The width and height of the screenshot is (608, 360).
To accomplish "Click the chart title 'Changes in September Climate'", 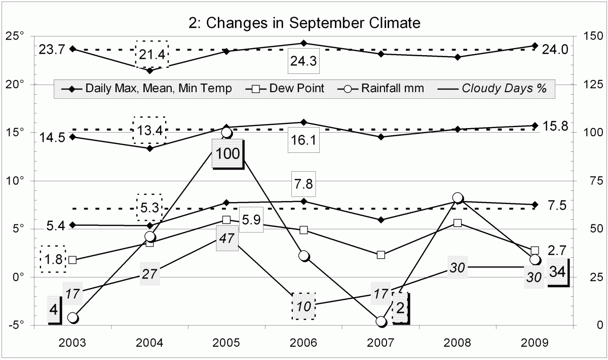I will pyautogui.click(x=303, y=23).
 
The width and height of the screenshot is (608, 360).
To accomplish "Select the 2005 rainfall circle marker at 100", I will pyautogui.click(x=226, y=133).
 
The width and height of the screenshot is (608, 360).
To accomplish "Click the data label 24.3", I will pyautogui.click(x=303, y=61).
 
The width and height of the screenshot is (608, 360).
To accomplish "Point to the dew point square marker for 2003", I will pyautogui.click(x=72, y=260).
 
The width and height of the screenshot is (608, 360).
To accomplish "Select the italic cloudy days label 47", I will pyautogui.click(x=226, y=238).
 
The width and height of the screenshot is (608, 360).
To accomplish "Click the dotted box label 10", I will pyautogui.click(x=303, y=306).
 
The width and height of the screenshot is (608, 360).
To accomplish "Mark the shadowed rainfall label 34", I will pyautogui.click(x=557, y=272).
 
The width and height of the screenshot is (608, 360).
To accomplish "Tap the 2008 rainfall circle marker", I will pyautogui.click(x=458, y=197).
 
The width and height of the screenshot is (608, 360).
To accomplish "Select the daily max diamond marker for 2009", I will pyautogui.click(x=535, y=46).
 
